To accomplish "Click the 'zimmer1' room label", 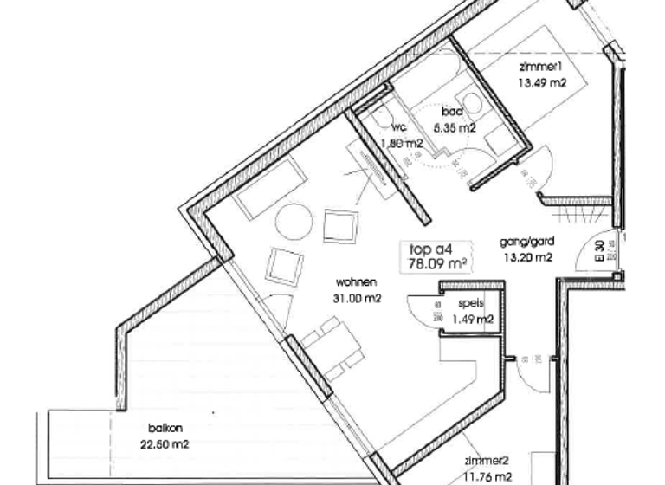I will coord(543,68).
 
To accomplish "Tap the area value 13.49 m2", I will coord(543,84).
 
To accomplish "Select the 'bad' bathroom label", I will coord(451,113).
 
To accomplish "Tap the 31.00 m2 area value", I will coord(358,298).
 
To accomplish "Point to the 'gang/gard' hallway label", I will coord(526,242).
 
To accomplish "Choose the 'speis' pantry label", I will coord(472,304).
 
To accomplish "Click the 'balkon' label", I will coord(165,429).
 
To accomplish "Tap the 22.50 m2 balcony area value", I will coord(165,444).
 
